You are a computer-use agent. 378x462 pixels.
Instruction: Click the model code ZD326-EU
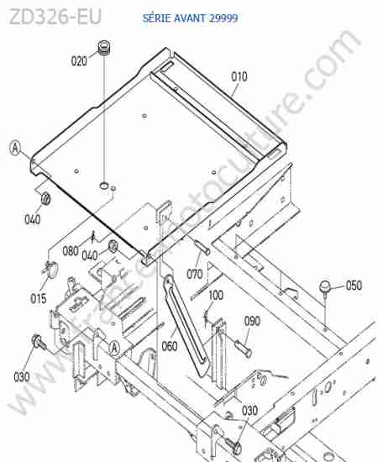(x=55, y=17)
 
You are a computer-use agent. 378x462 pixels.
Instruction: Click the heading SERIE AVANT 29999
(x=190, y=18)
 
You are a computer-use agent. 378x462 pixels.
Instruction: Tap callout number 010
(x=239, y=77)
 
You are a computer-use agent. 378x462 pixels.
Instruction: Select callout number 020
(x=79, y=61)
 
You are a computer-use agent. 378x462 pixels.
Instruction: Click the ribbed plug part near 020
(x=103, y=48)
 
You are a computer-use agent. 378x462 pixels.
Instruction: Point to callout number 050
(x=354, y=286)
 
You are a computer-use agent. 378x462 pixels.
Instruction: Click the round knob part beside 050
(x=325, y=287)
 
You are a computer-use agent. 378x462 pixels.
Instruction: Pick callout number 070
(x=195, y=275)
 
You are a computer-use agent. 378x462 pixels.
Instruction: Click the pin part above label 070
(x=202, y=248)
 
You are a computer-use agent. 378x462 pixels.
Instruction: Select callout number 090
(x=252, y=321)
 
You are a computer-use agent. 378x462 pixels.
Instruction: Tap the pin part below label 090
(x=243, y=348)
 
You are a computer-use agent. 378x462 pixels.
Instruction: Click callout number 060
(x=170, y=346)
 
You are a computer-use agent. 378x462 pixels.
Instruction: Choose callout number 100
(x=216, y=295)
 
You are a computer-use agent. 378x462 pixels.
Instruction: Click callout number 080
(x=71, y=251)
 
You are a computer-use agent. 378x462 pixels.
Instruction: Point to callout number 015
(x=39, y=299)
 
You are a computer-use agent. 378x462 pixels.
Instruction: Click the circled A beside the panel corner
(x=15, y=148)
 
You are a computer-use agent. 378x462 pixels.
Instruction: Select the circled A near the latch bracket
(x=114, y=348)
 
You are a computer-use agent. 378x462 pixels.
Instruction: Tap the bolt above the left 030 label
(x=39, y=342)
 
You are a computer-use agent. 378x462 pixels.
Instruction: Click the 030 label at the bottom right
(x=249, y=411)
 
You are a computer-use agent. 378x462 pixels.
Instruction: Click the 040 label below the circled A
(x=33, y=219)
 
